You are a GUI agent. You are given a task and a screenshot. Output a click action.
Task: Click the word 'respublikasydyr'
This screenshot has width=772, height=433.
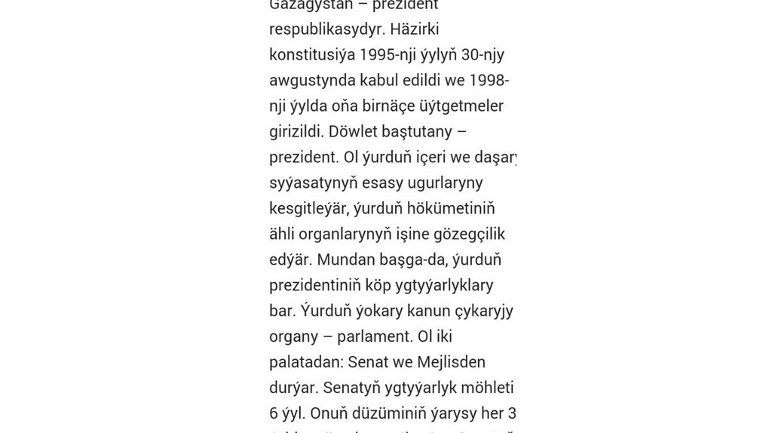[321, 29]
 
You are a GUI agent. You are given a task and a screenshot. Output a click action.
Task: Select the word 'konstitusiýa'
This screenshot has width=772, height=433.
[311, 55]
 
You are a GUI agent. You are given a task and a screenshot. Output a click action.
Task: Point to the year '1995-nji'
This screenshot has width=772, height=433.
[388, 55]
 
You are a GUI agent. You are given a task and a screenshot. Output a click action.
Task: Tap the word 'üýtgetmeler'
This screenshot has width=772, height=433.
[459, 106]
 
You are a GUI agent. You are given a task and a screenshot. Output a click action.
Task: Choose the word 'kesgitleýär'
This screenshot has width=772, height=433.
[309, 209]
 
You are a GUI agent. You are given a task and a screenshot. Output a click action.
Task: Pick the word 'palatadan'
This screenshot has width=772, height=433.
[305, 363]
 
